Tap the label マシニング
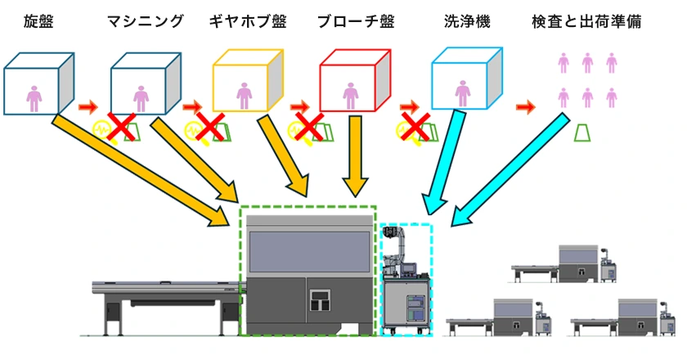[x=146, y=22]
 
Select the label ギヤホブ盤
[x=249, y=22]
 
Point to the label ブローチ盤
[x=352, y=22]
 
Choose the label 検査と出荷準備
[x=586, y=22]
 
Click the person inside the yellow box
[x=244, y=95]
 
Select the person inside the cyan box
[x=463, y=95]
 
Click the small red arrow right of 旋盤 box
[x=87, y=106]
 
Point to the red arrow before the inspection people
[x=526, y=106]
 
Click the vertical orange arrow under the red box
[x=355, y=155]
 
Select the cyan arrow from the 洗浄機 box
[x=442, y=164]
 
